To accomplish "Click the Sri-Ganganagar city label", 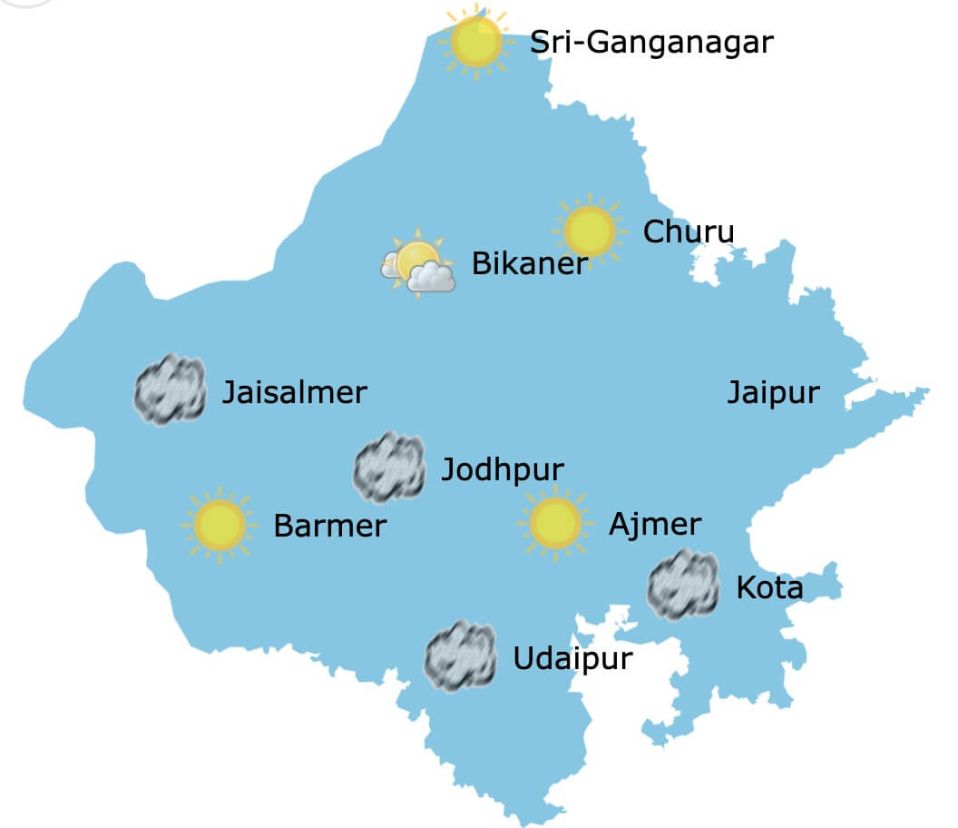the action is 651,42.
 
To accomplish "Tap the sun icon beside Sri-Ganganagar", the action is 475,42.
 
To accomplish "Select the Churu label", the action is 688,232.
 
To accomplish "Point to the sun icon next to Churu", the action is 590,231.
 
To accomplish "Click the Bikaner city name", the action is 530,264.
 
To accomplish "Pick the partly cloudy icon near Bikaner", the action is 417,264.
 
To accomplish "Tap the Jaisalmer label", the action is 294,393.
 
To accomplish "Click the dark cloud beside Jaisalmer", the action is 170,390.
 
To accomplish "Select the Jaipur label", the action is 773,393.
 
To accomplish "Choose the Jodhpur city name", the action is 502,470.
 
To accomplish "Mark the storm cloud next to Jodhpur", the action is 389,468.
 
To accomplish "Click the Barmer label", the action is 329,526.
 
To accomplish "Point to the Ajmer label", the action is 654,524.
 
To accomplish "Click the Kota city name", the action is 769,588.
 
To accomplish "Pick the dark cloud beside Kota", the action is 683,585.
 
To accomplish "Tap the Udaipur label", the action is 572,658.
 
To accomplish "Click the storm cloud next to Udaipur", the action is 461,656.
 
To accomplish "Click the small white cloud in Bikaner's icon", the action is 430,278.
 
